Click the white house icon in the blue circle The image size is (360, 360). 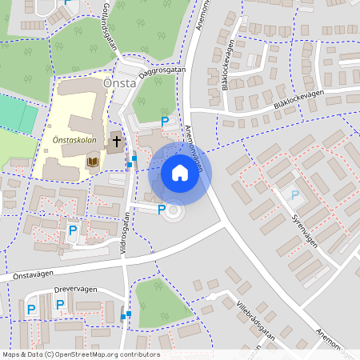tap(180, 173)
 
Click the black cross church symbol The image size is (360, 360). tap(116, 142)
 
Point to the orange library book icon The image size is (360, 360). tap(93, 162)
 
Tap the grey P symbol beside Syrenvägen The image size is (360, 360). tap(294, 194)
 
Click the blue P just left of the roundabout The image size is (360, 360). tap(162, 210)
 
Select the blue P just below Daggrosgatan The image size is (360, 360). tap(165, 122)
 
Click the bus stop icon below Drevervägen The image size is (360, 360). tap(125, 316)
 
